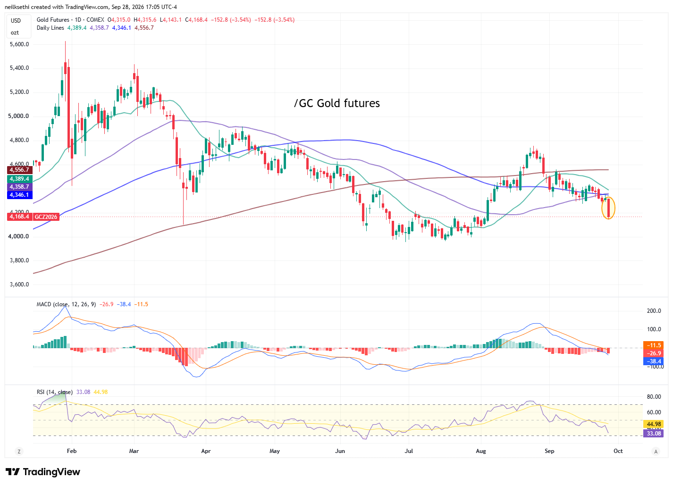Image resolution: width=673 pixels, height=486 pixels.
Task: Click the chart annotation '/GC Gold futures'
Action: tap(337, 103)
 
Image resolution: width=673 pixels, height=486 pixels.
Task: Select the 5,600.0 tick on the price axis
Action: tap(19, 44)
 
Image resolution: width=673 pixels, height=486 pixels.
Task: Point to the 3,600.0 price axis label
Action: tap(19, 285)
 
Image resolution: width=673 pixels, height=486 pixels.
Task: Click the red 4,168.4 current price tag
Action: tap(19, 217)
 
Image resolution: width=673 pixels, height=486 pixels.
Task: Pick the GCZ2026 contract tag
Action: tap(46, 217)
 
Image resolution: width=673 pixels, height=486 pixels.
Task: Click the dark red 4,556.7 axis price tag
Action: tap(19, 170)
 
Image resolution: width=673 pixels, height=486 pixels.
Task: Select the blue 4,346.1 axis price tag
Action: tap(19, 195)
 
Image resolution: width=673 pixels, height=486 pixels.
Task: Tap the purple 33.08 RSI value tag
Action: tap(654, 434)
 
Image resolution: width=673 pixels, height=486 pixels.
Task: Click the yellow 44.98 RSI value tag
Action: tap(654, 424)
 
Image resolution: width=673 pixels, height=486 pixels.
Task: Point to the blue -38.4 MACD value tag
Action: tap(654, 361)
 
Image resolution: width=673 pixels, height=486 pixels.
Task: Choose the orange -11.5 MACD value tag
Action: tap(654, 345)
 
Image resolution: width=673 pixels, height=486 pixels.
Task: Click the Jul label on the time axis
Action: tap(409, 452)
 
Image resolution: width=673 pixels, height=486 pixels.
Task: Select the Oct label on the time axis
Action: tap(618, 452)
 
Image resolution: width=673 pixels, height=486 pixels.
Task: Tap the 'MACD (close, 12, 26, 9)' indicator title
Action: tap(66, 305)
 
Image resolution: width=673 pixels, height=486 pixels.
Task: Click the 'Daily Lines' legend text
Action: tap(50, 28)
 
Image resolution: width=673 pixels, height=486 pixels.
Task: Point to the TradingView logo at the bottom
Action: tap(43, 472)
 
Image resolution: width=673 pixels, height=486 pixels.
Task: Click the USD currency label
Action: tap(16, 21)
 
